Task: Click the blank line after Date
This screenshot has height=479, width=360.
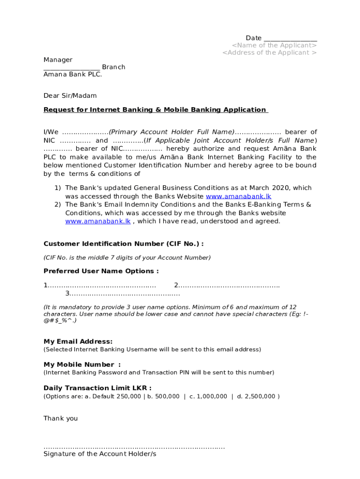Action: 290,38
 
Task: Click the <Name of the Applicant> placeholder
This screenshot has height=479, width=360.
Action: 274,45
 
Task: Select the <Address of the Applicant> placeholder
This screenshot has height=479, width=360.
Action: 269,52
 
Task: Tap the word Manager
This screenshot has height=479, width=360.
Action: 58,60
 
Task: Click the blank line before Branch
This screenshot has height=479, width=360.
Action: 72,67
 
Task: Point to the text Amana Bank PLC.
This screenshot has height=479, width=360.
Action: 72,74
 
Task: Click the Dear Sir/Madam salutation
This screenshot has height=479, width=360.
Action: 70,96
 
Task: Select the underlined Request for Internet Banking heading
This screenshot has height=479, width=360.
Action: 155,110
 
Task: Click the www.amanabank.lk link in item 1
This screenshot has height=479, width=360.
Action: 238,196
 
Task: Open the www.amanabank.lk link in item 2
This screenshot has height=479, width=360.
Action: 98,221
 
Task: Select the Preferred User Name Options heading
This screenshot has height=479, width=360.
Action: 101,271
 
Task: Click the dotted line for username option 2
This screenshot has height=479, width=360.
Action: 229,285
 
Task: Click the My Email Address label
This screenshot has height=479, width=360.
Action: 78,341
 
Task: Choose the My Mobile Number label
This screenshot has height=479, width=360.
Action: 82,364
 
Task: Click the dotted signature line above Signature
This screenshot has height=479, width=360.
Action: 134,447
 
